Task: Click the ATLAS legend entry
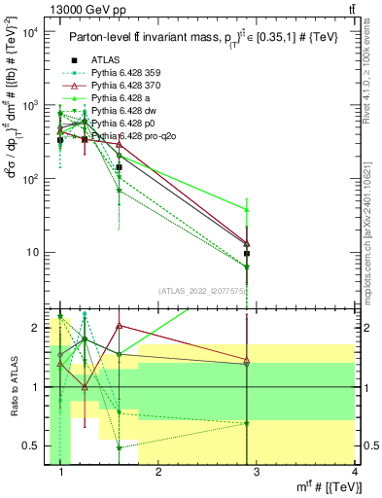point(106,59)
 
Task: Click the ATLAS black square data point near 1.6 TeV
point(119,167)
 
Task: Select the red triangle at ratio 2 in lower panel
point(119,326)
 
